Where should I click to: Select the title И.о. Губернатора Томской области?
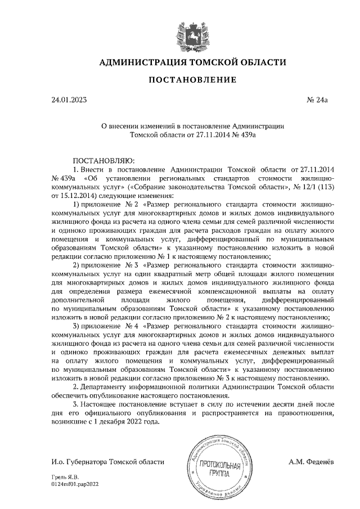pyautogui.click(x=107, y=462)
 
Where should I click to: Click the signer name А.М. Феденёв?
pyautogui.click(x=310, y=462)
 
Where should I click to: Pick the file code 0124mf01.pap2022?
pyautogui.click(x=74, y=484)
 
